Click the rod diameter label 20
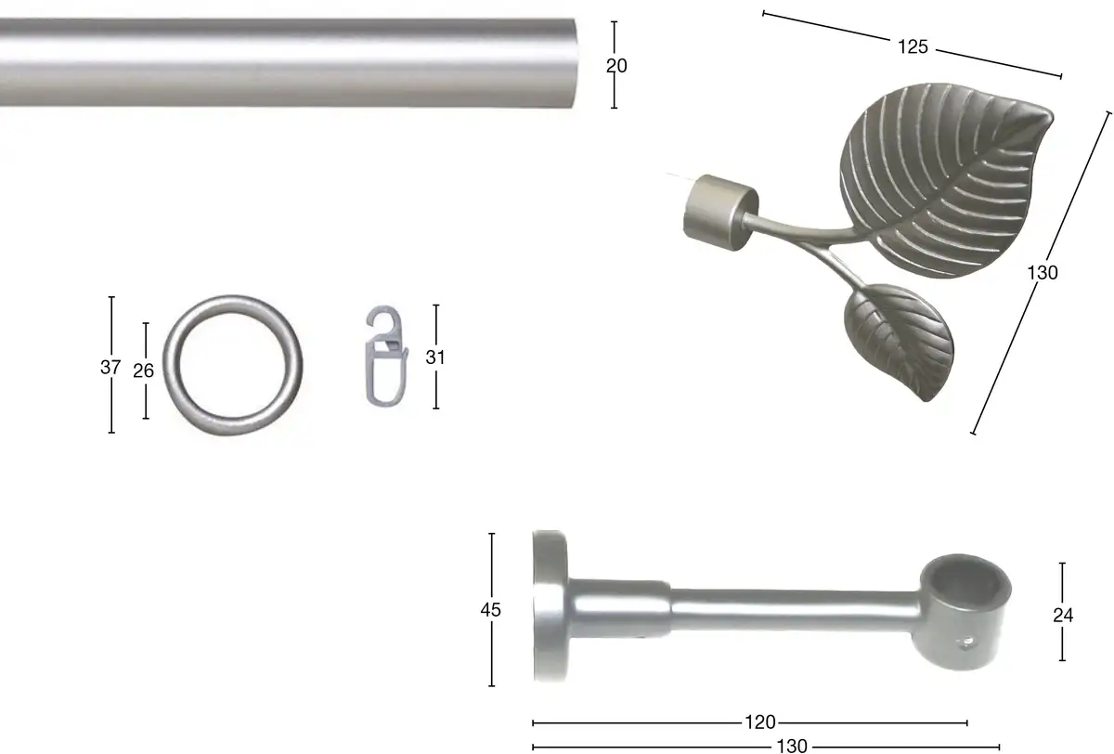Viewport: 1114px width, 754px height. pyautogui.click(x=616, y=66)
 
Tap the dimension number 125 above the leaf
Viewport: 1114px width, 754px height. pyautogui.click(x=913, y=46)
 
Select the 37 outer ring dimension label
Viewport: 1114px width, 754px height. pyautogui.click(x=110, y=368)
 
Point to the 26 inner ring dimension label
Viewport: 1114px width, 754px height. pyautogui.click(x=143, y=370)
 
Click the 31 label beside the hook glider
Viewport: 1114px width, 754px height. pyautogui.click(x=435, y=357)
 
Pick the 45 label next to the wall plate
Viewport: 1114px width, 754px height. pyautogui.click(x=491, y=610)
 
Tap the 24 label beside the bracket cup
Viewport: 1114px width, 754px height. pyautogui.click(x=1063, y=616)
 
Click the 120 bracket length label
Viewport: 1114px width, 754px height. pyautogui.click(x=760, y=722)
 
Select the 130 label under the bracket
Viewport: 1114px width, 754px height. pyautogui.click(x=792, y=746)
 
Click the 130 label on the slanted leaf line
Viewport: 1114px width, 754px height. pyautogui.click(x=1043, y=273)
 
